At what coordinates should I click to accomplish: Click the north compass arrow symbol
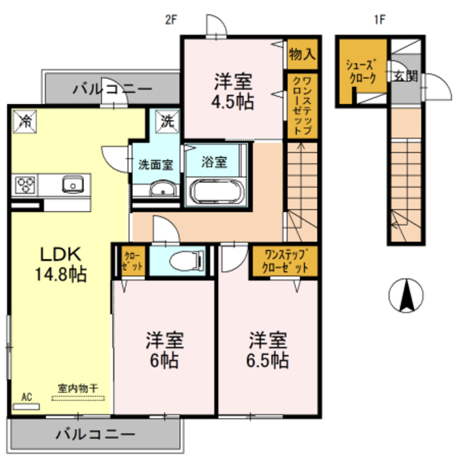click(404, 296)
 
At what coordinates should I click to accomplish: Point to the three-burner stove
click(26, 185)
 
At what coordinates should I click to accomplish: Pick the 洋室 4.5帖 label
click(232, 90)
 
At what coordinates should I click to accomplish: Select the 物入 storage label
click(302, 54)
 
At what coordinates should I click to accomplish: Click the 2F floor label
click(171, 19)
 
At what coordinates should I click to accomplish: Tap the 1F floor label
click(379, 19)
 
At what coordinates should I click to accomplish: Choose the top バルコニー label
click(113, 89)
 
